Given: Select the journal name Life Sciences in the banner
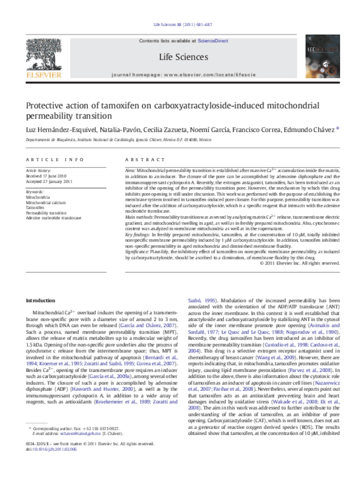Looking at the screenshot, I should pos(183,57).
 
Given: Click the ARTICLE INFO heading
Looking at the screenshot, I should pos(47,161).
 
